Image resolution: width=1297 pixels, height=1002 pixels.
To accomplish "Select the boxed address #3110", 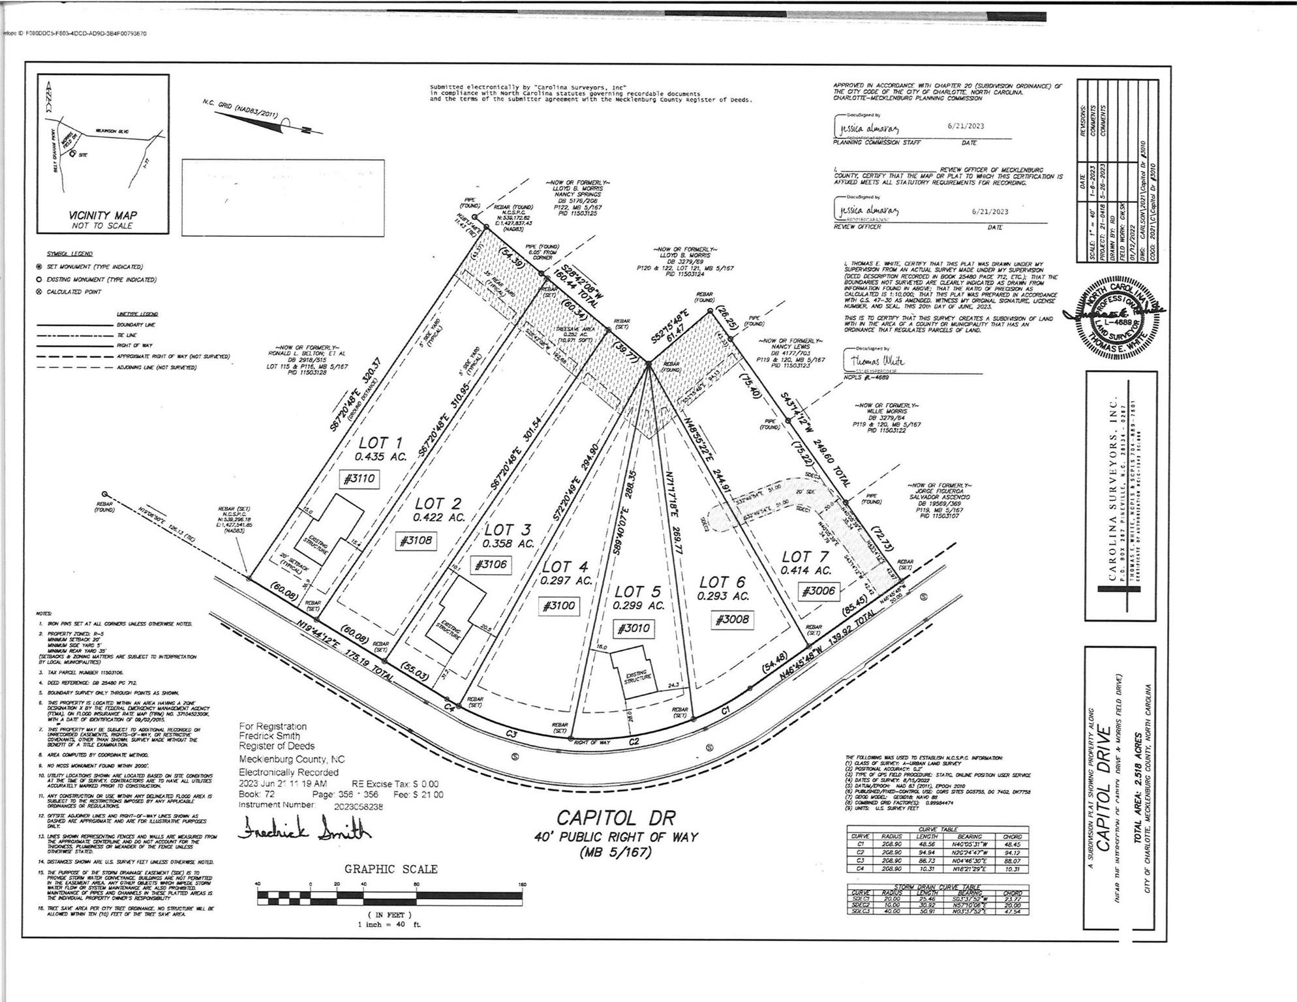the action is (359, 479).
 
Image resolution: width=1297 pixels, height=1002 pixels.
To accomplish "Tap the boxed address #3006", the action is (818, 591).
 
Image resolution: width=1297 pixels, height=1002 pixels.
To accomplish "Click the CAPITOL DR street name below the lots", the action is (616, 817).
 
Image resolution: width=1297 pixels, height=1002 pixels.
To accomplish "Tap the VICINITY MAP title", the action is (103, 215).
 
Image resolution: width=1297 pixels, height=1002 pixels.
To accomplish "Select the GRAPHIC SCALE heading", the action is (391, 869).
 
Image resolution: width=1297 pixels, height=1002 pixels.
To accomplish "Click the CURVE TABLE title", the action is (938, 829).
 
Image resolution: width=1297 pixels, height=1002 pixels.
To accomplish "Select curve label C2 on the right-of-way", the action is (633, 742).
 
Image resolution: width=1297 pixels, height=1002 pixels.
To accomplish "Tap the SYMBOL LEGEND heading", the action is (70, 254).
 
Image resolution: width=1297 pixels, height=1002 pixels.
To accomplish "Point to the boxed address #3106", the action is (491, 564).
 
